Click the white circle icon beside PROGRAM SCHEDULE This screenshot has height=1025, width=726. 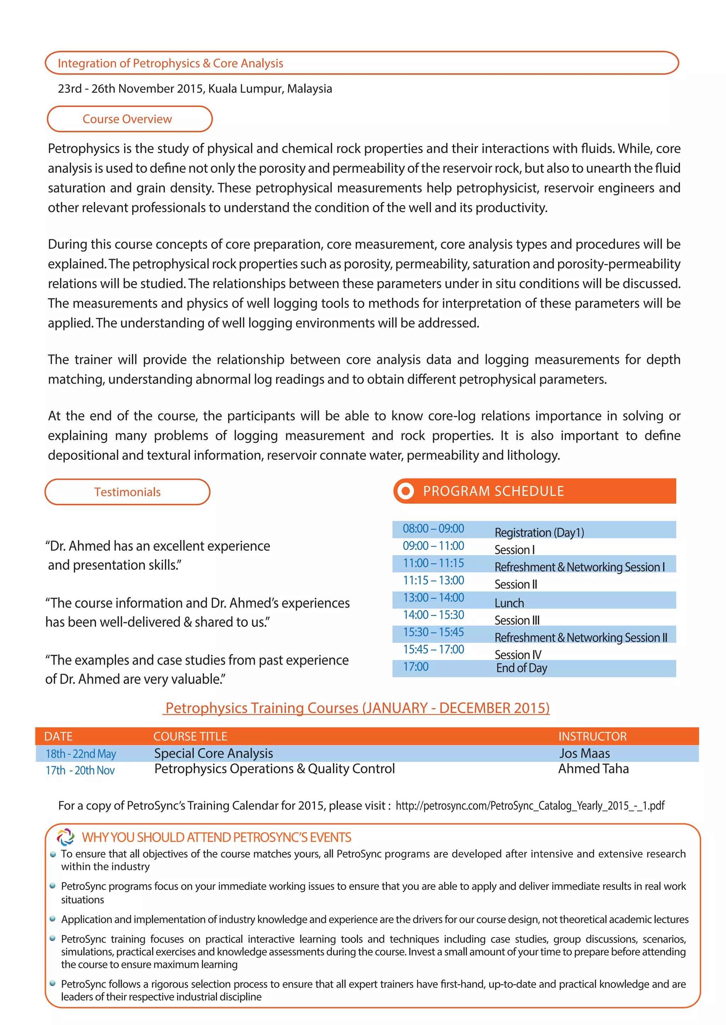406,491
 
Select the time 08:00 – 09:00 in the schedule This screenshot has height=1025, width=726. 433,528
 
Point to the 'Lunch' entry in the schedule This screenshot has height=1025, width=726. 509,603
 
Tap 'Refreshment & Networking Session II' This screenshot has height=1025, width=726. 580,638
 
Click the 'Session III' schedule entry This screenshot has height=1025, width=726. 517,621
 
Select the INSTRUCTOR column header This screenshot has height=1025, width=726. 592,736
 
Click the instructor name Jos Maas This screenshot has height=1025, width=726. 584,753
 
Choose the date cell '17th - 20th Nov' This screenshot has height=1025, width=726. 80,770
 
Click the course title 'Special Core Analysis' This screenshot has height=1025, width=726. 213,753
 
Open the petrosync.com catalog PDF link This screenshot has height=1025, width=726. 530,806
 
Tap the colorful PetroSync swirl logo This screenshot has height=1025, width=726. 66,837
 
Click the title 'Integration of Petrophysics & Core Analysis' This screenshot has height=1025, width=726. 170,63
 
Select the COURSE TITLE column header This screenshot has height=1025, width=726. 190,736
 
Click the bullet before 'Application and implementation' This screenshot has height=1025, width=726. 53,919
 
